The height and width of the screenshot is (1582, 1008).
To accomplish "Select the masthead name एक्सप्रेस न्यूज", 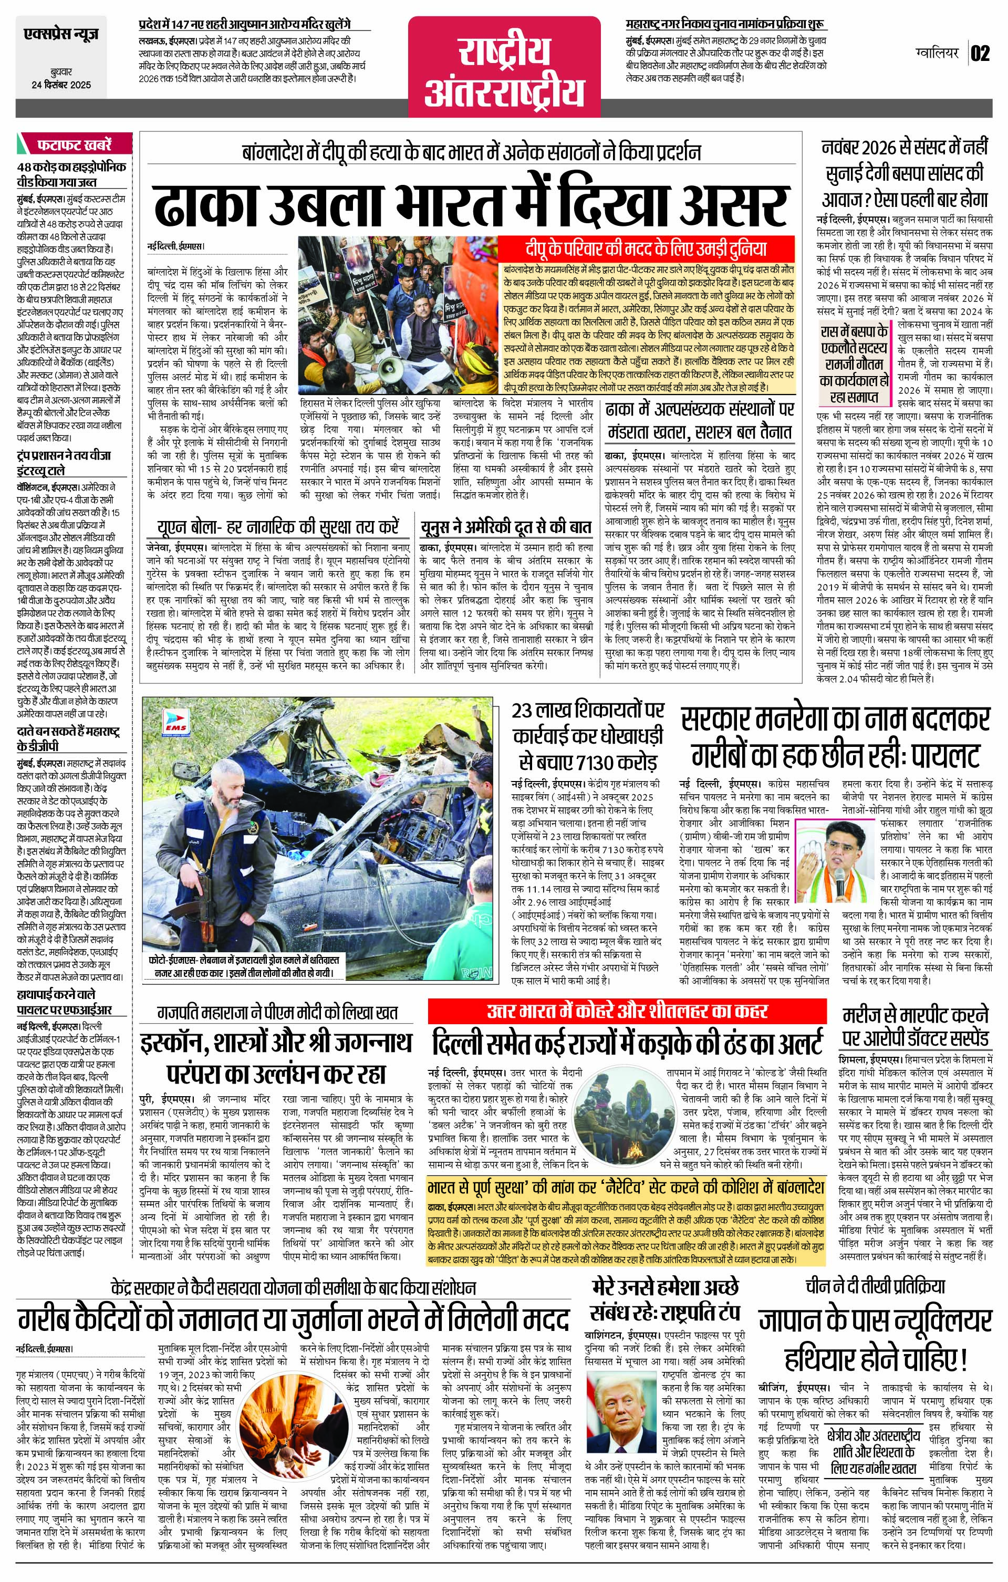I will coord(61,34).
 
